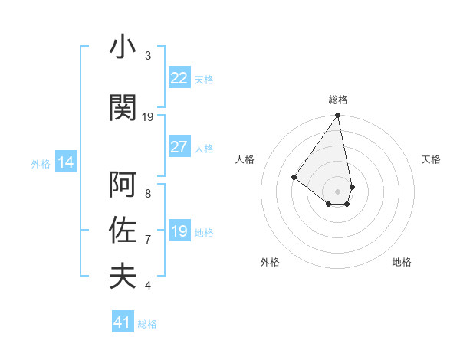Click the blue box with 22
coord(179,78)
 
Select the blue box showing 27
coord(179,147)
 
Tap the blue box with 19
coord(179,231)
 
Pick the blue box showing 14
coord(65,162)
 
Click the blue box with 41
coord(123,322)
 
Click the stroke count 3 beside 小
coord(148,56)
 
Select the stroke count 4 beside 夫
coord(148,286)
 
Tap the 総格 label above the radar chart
coord(338,100)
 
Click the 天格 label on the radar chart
coord(432,159)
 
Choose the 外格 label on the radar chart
coord(270,262)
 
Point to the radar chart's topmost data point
coord(338,116)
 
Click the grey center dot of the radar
coord(338,191)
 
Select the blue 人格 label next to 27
coord(204,148)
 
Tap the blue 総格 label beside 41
coord(147,324)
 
